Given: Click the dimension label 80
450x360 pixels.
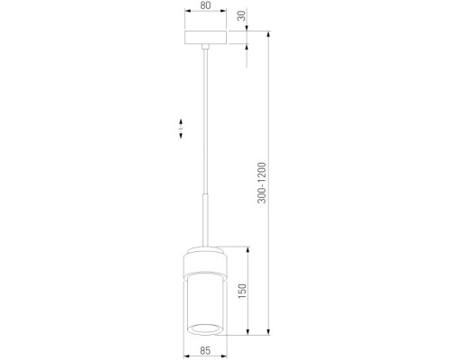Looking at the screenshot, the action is click(x=205, y=5).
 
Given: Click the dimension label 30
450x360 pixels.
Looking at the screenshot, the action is click(x=241, y=15).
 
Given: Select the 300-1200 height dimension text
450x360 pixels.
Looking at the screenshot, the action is click(x=262, y=183).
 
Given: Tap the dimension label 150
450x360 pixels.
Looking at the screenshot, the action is click(x=242, y=291).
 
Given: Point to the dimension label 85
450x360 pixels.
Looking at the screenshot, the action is click(x=205, y=350).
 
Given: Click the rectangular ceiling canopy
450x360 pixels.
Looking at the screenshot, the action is click(x=205, y=37).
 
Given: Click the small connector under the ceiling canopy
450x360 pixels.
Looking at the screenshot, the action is click(x=205, y=46).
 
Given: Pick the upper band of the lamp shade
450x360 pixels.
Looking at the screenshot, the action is click(x=205, y=263).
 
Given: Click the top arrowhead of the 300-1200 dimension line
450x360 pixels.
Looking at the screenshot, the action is click(x=269, y=34).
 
